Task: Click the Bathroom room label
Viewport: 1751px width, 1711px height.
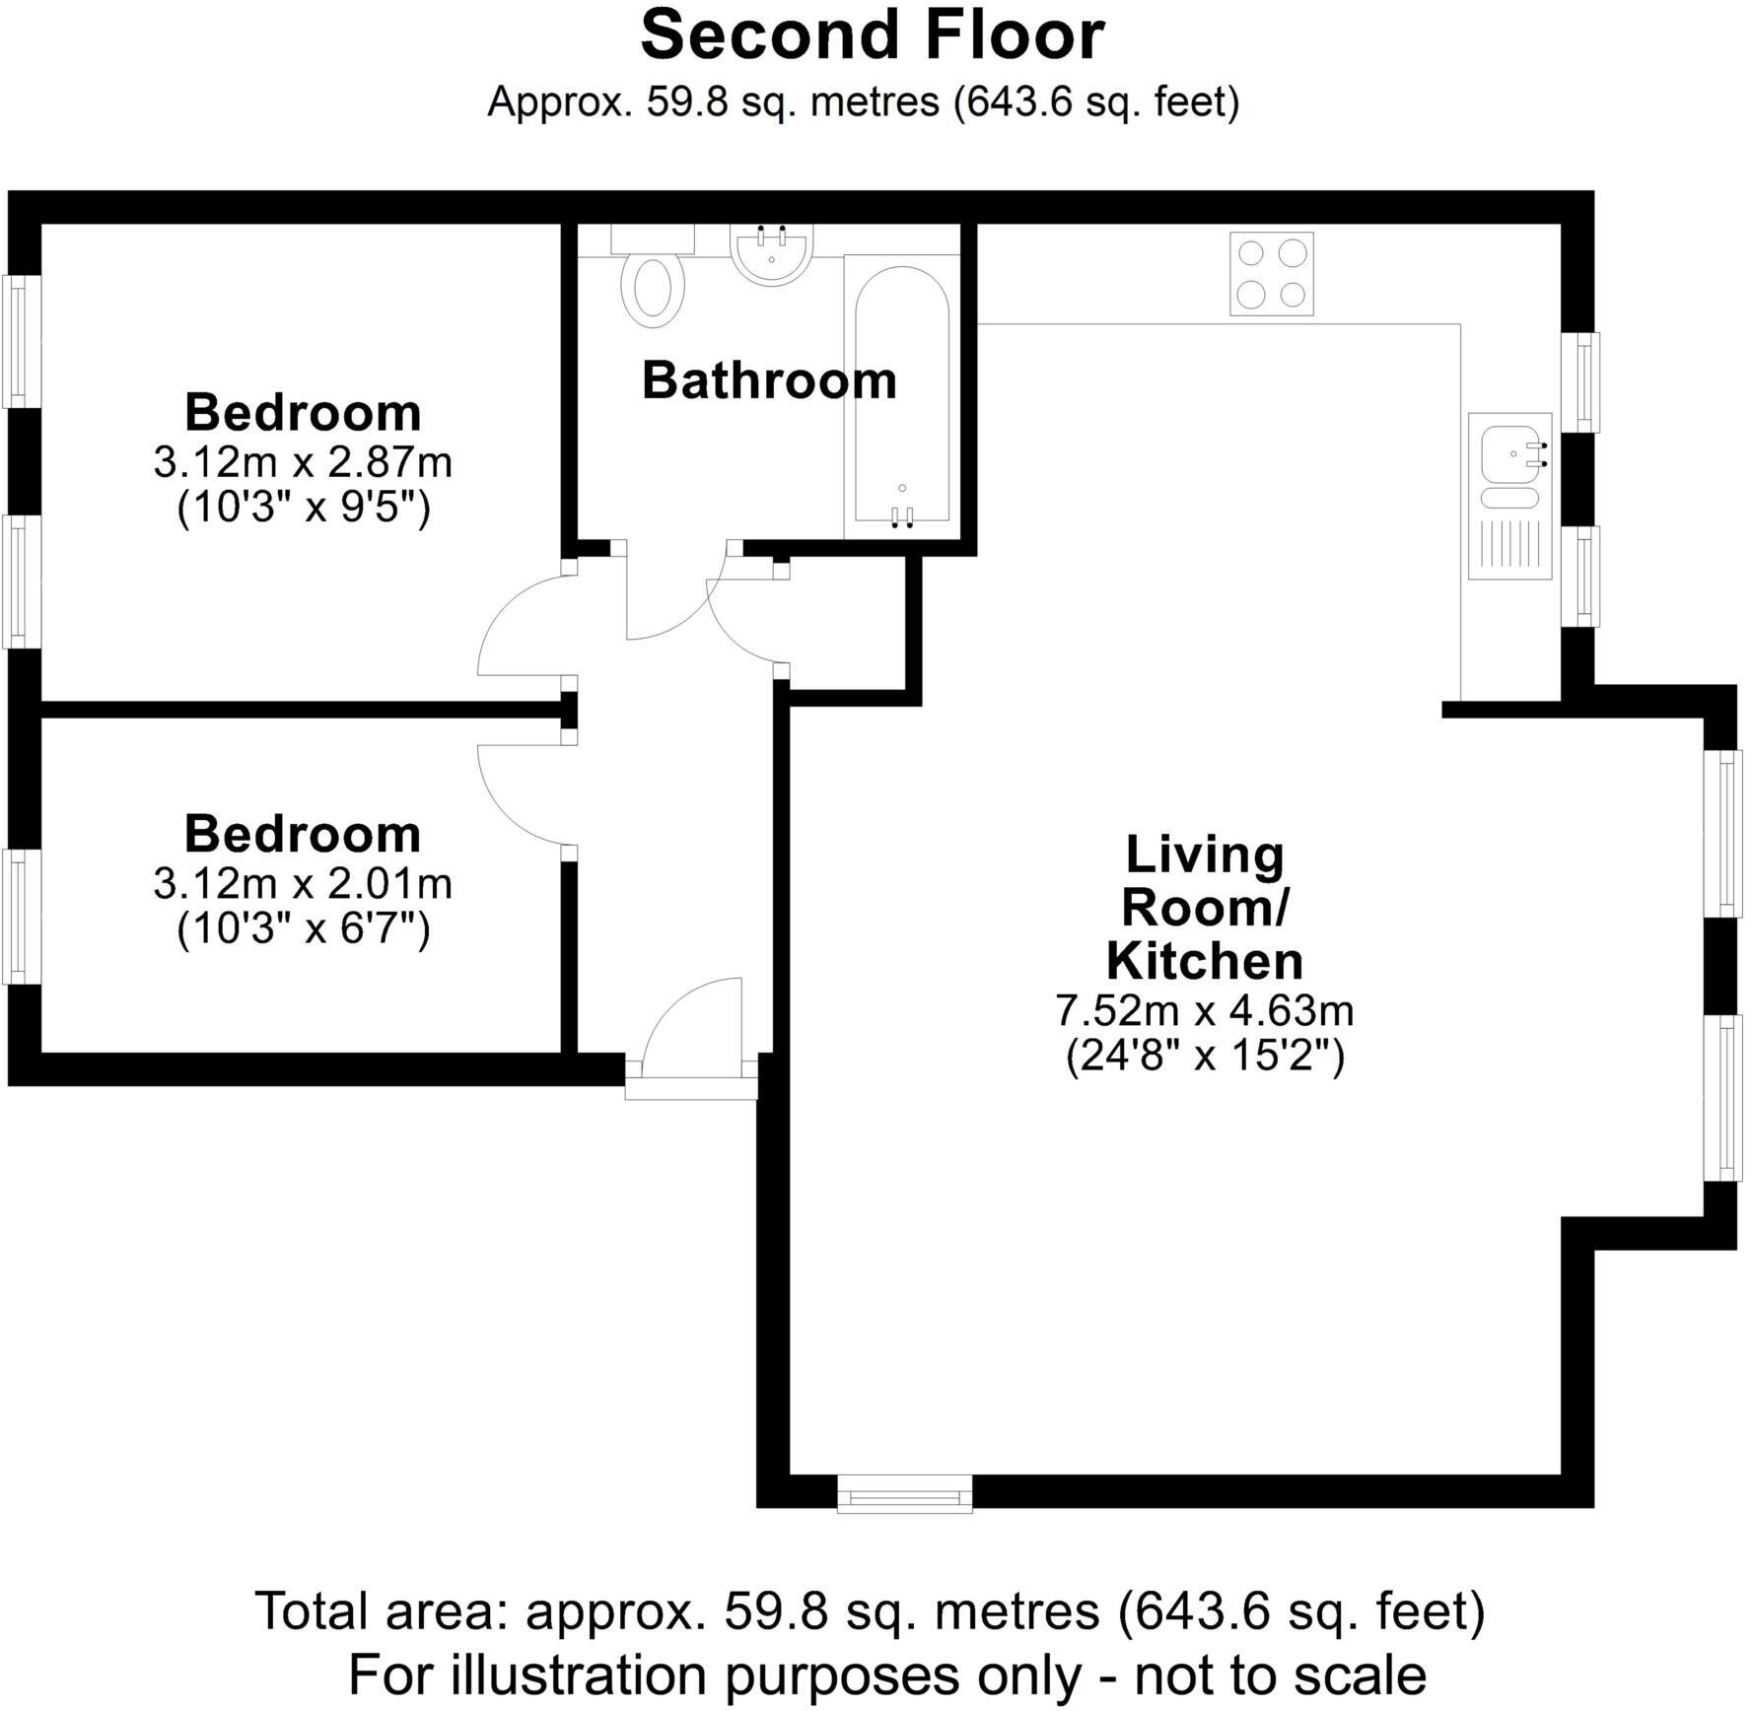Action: click(x=769, y=381)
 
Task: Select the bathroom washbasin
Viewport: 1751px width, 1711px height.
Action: click(x=772, y=255)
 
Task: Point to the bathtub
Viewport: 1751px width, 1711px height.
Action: click(x=901, y=394)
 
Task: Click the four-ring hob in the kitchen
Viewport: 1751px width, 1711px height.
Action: click(x=1272, y=274)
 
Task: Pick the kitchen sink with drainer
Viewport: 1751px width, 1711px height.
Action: click(x=1509, y=496)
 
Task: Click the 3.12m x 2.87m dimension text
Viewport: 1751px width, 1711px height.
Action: click(x=303, y=462)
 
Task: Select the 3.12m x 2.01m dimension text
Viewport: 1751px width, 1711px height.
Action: click(x=303, y=884)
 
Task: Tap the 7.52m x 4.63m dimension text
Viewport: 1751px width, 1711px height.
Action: click(x=1205, y=1010)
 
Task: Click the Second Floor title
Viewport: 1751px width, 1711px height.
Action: click(x=873, y=35)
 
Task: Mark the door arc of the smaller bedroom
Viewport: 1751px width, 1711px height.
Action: click(x=523, y=794)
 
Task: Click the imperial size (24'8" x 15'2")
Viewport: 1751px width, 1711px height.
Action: click(x=1205, y=1058)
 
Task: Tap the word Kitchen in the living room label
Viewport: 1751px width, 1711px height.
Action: click(x=1205, y=961)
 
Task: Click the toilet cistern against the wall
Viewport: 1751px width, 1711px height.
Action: click(x=653, y=239)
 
